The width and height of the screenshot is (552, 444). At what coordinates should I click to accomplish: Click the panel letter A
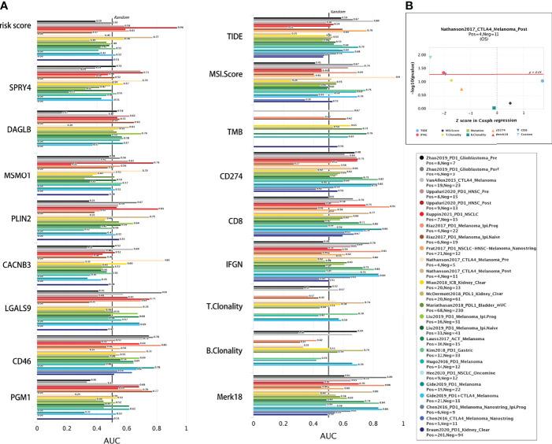tap(6, 6)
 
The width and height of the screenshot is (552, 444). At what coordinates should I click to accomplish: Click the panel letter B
tap(408, 6)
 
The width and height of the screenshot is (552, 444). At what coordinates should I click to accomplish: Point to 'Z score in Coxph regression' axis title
tap(483, 117)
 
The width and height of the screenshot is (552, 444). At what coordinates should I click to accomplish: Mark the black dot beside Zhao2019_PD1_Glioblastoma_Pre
tap(423, 158)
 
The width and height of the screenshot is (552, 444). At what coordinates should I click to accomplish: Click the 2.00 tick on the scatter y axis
tap(422, 56)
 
